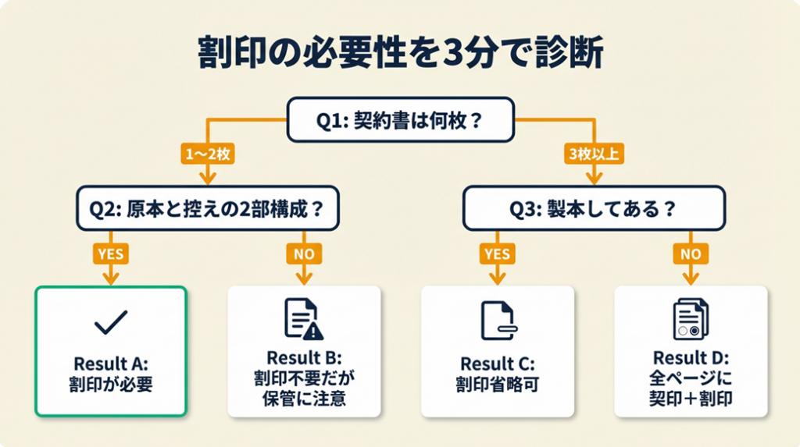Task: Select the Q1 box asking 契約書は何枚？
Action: pos(400,119)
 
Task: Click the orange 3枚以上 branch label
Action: pos(593,154)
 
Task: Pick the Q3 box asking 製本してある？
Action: pos(594,208)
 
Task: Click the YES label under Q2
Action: pos(110,254)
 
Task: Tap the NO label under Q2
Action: pos(303,254)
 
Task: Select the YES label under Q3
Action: pos(497,254)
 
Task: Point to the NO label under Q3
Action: pos(690,254)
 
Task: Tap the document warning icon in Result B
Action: pos(303,319)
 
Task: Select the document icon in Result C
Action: pos(497,320)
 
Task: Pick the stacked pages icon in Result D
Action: pos(690,319)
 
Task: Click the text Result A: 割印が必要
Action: pos(110,373)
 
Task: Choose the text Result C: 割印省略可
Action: pos(497,373)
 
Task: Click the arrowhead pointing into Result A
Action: pos(110,279)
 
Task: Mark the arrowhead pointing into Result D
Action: pos(690,279)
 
